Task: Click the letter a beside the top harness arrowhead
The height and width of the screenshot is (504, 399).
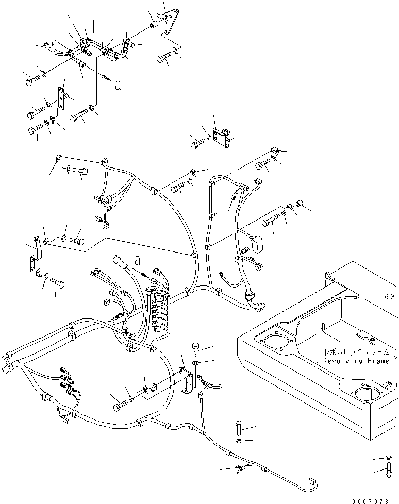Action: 118,86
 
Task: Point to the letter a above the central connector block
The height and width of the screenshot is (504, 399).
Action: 137,260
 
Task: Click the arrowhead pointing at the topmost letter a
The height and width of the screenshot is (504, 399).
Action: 107,77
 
